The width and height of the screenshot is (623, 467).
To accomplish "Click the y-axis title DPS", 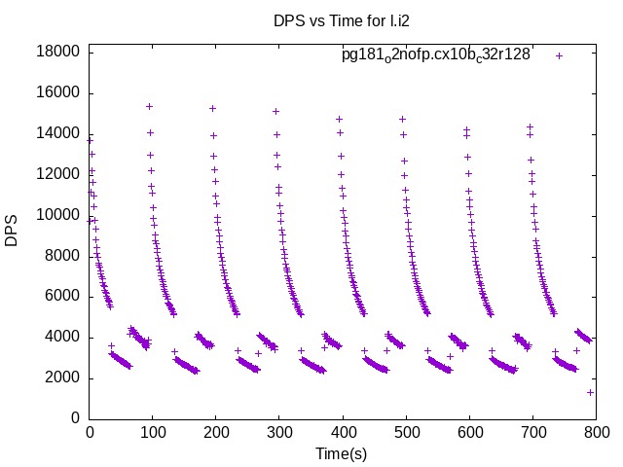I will click(12, 231).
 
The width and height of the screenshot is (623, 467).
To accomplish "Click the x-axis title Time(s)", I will click(341, 453).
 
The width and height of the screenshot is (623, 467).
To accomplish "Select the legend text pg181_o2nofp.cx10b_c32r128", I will click(436, 54).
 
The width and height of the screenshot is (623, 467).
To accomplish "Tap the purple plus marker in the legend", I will click(559, 55).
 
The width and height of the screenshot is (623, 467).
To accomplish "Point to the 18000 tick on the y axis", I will click(58, 53).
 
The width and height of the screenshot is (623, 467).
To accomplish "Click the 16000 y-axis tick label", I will click(58, 93).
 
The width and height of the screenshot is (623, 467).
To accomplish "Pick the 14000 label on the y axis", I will click(58, 134).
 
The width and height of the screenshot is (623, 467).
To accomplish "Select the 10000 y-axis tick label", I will click(58, 215).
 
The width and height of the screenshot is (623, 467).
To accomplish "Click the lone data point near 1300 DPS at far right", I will click(590, 392).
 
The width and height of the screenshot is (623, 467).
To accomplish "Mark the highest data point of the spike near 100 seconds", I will click(149, 106).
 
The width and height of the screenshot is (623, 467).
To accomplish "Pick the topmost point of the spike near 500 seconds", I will click(402, 119).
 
